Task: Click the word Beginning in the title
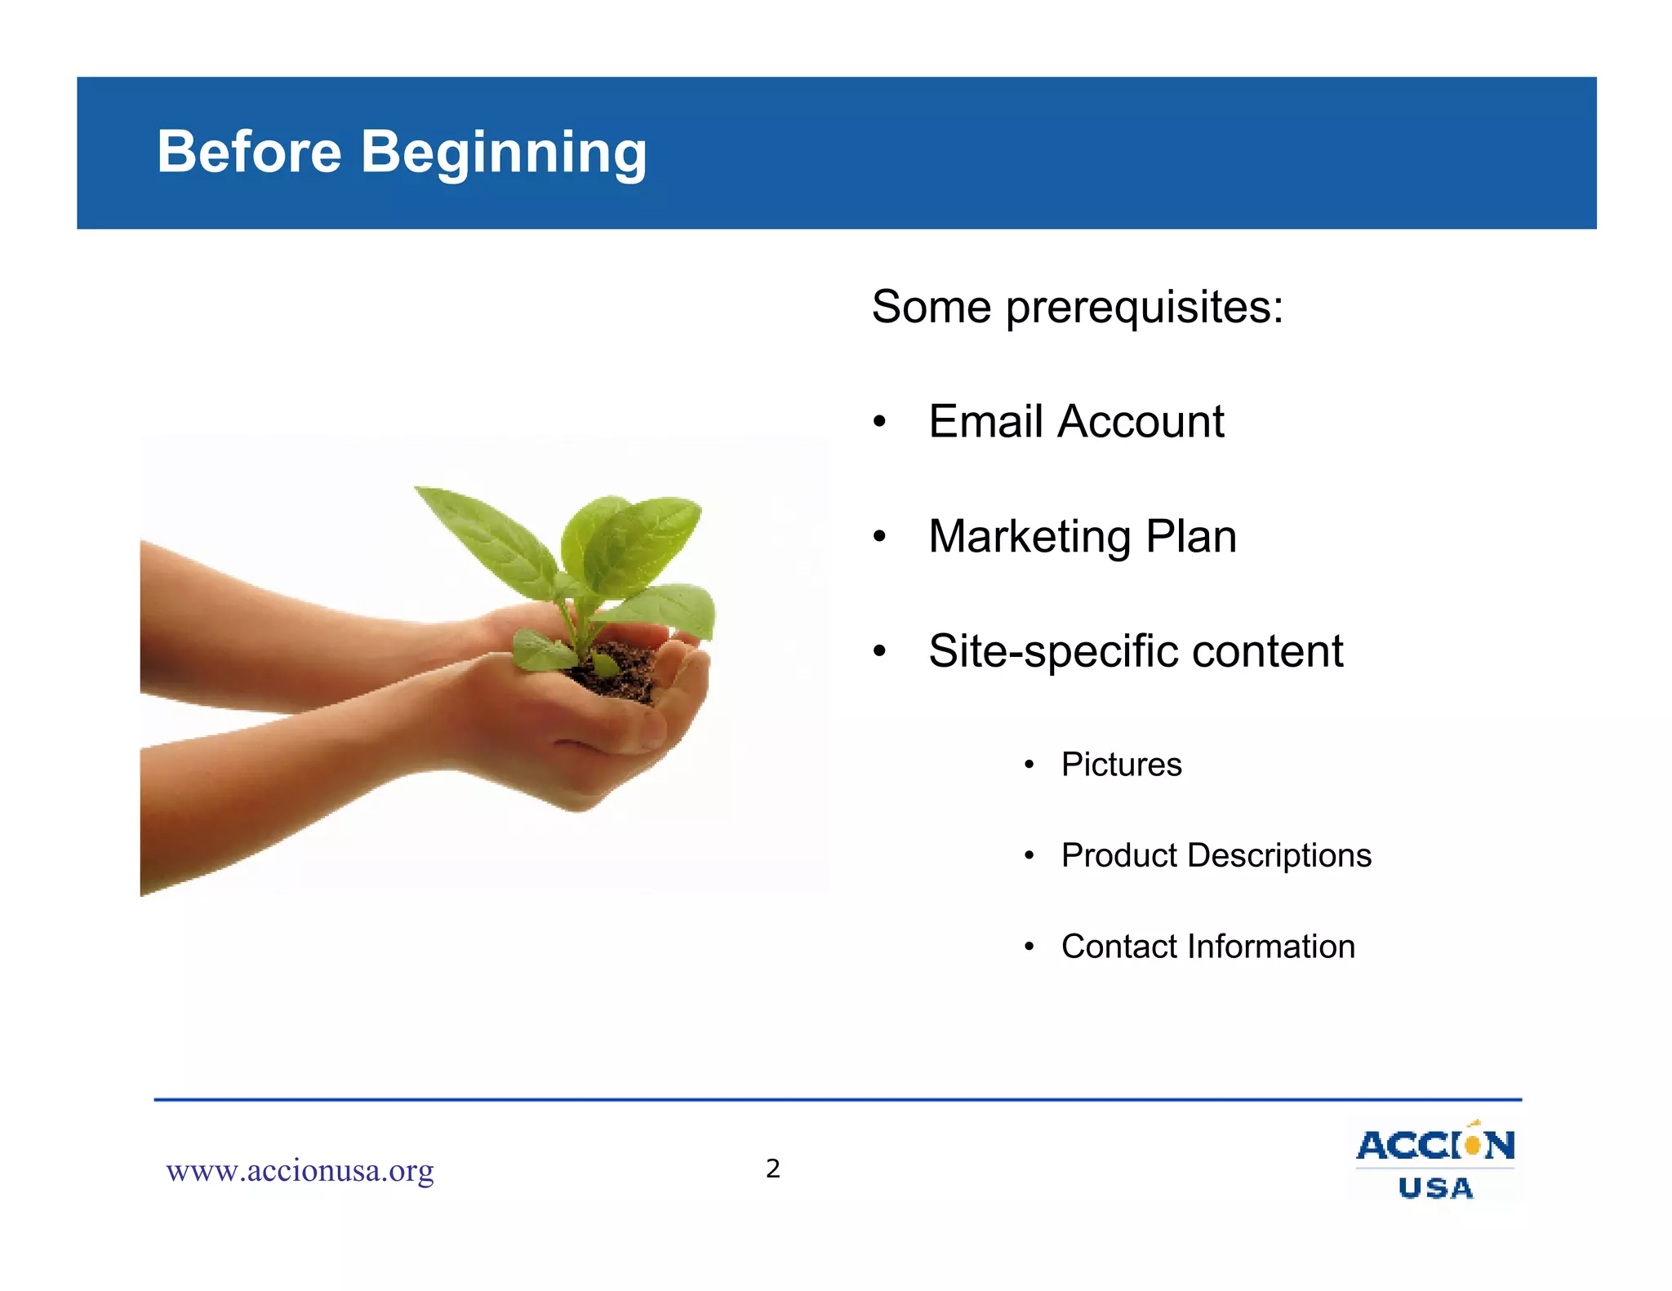pyautogui.click(x=504, y=153)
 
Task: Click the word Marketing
pyautogui.click(x=1029, y=537)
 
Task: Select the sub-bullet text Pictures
pyautogui.click(x=1121, y=765)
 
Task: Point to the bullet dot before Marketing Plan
pyautogui.click(x=879, y=537)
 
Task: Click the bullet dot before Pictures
pyautogui.click(x=1029, y=765)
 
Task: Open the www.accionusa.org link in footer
pyautogui.click(x=300, y=1170)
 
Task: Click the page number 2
pyautogui.click(x=772, y=1169)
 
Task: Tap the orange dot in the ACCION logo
pyautogui.click(x=1472, y=1145)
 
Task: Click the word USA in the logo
pyautogui.click(x=1435, y=1188)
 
